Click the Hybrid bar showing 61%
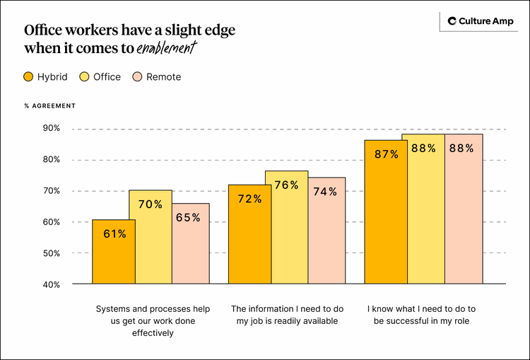[114, 252]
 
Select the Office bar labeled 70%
[151, 237]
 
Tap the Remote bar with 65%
[188, 243]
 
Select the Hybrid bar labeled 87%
[386, 211]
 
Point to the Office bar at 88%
[423, 209]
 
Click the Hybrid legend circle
[29, 77]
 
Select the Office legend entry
[100, 77]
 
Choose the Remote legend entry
[156, 77]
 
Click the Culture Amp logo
[476, 21]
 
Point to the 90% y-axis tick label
[51, 129]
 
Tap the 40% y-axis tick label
[51, 284]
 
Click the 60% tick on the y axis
[51, 222]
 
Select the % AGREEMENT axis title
[49, 106]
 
